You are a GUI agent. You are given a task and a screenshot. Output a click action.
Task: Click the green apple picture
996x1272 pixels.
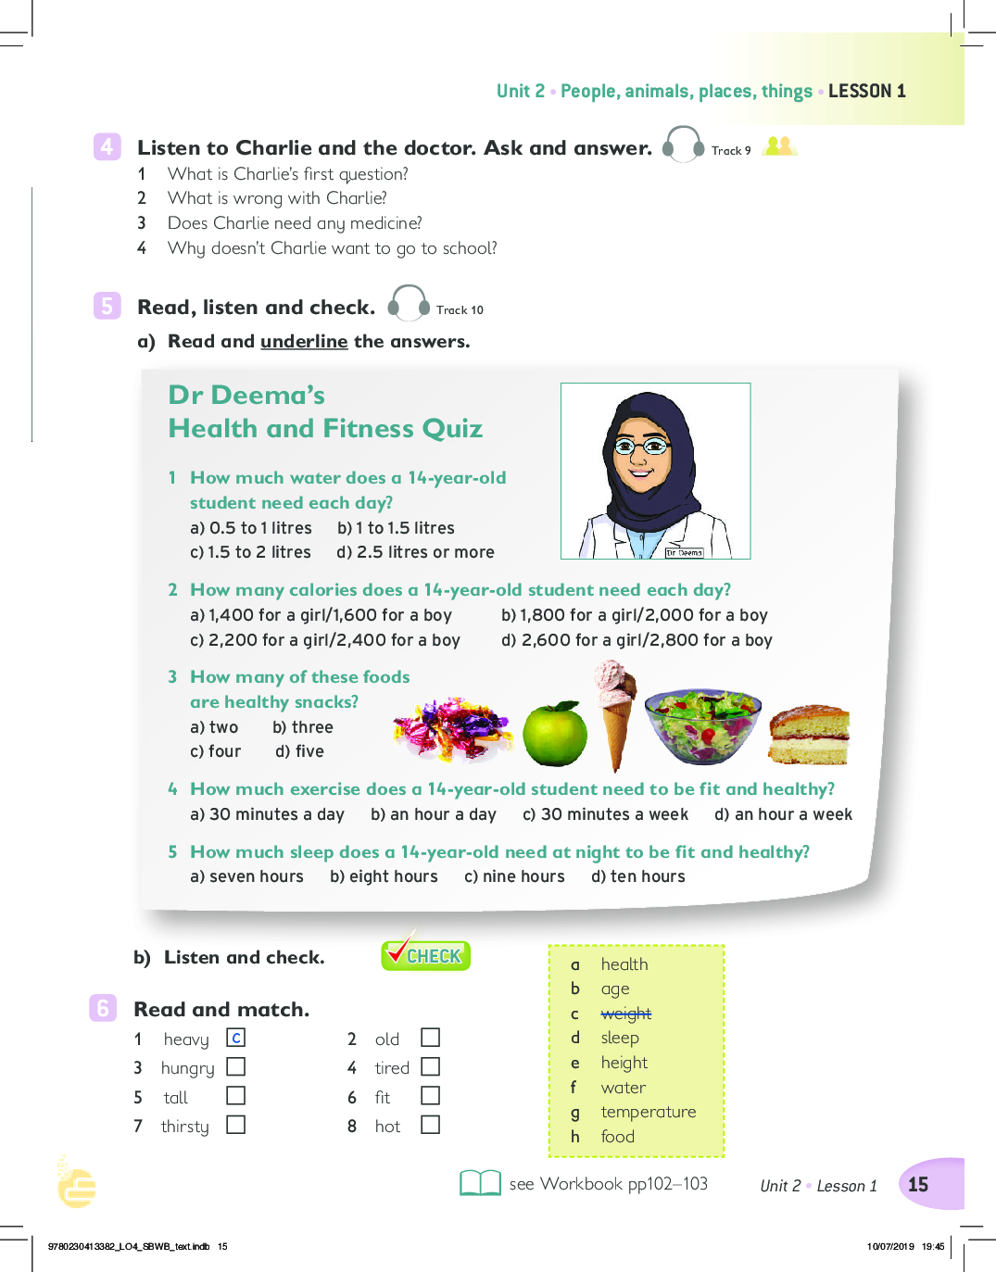555,734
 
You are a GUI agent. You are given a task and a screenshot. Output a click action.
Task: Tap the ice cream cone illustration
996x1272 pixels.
614,710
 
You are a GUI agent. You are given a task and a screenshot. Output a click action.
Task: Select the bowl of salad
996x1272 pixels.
703,725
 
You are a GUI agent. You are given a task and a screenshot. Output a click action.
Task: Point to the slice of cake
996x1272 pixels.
809,735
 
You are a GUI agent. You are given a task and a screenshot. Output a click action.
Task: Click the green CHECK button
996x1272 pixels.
426,955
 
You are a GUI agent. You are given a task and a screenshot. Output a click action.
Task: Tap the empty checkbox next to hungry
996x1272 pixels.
236,1067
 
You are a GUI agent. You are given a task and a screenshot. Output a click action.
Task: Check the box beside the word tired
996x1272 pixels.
431,1067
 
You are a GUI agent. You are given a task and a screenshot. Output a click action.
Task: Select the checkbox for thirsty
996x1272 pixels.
236,1125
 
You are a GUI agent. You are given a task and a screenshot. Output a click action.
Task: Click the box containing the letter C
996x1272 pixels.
236,1039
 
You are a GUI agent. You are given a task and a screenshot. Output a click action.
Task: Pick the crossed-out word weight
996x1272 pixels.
625,1014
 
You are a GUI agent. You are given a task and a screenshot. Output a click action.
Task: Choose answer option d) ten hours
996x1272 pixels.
638,876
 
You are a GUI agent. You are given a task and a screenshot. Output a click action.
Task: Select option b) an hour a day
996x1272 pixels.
434,814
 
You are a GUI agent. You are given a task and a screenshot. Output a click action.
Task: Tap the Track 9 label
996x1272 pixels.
731,151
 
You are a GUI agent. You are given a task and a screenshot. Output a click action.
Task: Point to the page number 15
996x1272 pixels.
918,1184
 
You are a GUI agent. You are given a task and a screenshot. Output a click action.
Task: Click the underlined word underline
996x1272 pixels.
304,341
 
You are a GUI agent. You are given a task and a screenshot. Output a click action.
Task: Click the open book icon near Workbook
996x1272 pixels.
480,1183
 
